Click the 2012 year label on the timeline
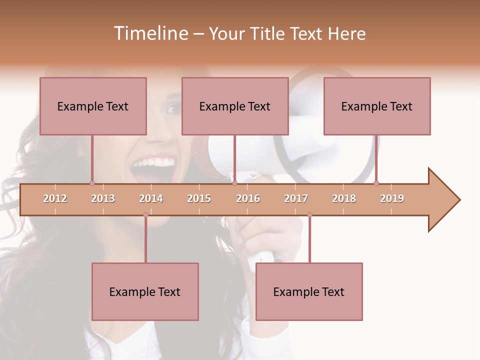pos(55,198)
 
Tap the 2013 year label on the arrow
pos(103,198)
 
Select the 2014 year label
pos(151,198)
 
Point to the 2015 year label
pos(199,198)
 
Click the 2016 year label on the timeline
pos(248,198)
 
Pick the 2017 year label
pos(296,198)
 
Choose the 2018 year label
pos(344,198)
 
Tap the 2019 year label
pos(392,198)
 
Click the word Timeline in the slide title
pos(149,33)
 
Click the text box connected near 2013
pos(93,106)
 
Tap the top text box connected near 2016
pos(235,106)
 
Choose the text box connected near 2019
pos(377,106)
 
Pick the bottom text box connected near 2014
pos(145,291)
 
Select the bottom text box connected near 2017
pos(309,291)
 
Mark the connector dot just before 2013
pos(92,183)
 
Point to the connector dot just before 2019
pos(376,183)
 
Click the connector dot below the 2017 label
pos(309,215)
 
